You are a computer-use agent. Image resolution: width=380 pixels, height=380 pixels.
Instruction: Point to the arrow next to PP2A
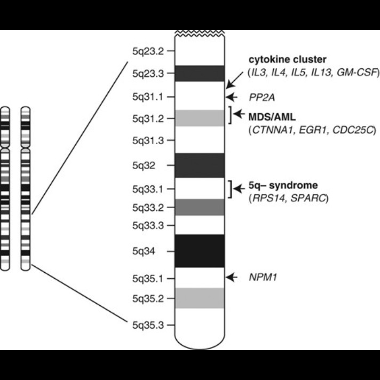coord(232,97)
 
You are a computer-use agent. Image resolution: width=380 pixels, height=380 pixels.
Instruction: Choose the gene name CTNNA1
coord(271,130)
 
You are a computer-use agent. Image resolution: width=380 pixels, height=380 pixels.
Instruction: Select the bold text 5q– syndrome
coord(283,186)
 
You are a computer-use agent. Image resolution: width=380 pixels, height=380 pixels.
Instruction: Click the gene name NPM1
coord(261,277)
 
